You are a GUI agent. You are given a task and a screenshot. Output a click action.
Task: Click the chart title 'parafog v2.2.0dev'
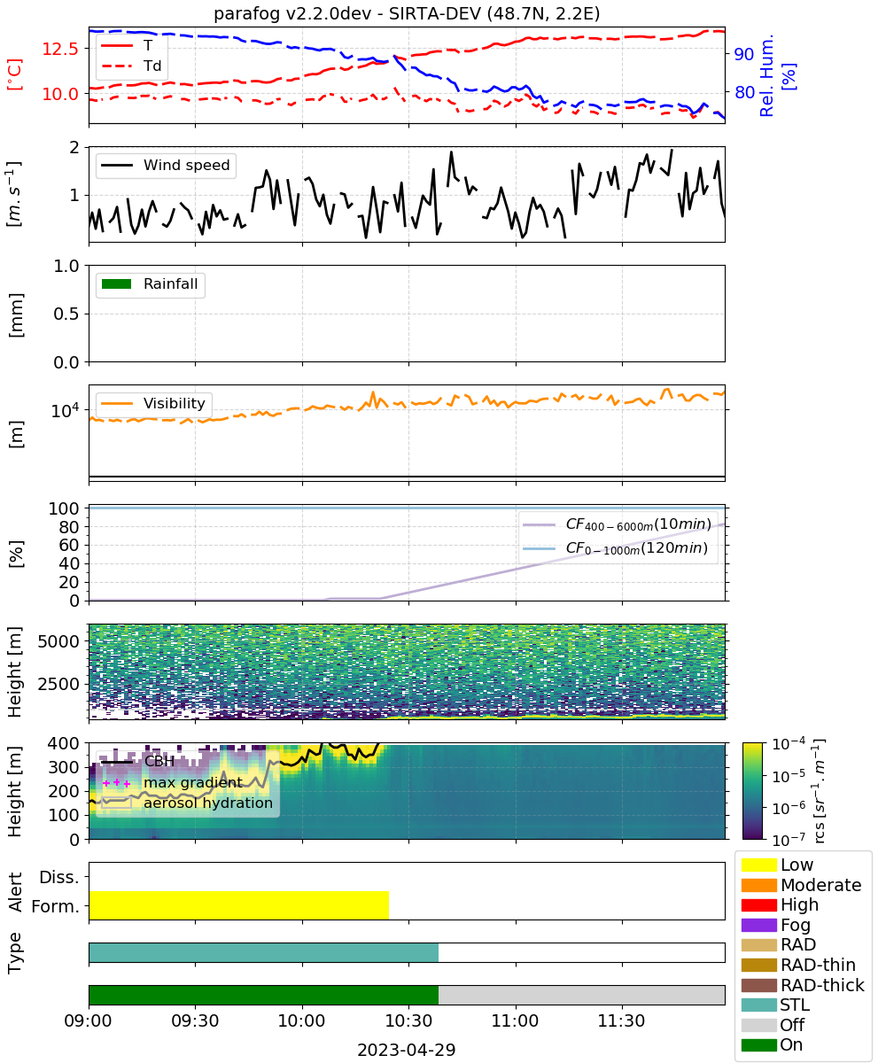pos(292,14)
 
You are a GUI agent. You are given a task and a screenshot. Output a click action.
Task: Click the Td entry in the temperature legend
pos(131,66)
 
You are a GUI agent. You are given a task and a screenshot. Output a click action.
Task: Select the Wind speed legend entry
pos(166,165)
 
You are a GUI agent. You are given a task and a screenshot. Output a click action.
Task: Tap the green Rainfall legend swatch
pos(117,283)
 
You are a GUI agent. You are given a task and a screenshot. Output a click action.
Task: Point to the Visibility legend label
pos(175,403)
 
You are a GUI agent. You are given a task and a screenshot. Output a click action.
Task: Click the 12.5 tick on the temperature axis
pos(60,49)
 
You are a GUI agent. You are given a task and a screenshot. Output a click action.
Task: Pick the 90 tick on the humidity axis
pos(744,53)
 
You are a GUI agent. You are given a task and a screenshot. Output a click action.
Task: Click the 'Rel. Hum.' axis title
pos(766,75)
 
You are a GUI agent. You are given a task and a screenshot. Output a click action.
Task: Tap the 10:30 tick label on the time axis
pos(408,1020)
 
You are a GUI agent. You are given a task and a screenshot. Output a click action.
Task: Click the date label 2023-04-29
pos(407,1050)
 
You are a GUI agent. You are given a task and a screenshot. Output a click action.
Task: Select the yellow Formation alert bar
pos(239,904)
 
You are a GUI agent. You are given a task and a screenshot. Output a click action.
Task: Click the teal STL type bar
pos(264,952)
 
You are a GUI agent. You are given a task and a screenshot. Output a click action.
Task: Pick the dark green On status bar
pos(264,995)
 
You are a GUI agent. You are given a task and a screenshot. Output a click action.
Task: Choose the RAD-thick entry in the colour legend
pos(803,985)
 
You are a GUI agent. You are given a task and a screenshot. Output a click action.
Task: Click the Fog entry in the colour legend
pos(774,925)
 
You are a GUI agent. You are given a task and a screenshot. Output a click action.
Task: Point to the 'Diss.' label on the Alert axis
pos(59,877)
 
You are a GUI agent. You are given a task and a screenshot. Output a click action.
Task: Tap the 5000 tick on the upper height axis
pos(58,641)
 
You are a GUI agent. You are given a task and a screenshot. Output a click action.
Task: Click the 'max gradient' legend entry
pos(172,782)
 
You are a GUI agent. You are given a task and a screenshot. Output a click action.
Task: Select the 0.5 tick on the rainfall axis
pos(66,314)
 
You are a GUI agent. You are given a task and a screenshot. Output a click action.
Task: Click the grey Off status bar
pos(581,995)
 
